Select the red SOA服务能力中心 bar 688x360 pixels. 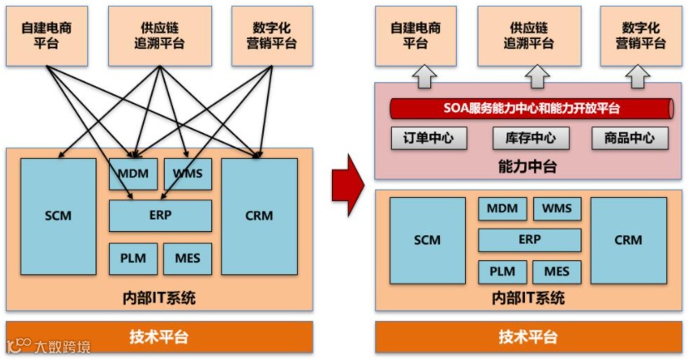tap(531, 108)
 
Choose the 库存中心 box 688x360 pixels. tap(530, 138)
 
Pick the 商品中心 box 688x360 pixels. tap(630, 138)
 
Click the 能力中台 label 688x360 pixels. tap(530, 167)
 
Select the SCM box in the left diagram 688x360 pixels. tap(58, 216)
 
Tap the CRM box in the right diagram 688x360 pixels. tap(628, 239)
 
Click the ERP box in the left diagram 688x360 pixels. tap(160, 215)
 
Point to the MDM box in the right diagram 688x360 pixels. tap(502, 209)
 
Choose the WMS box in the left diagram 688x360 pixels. tap(187, 173)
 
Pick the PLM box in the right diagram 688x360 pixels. tap(502, 272)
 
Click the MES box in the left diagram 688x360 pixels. tap(187, 259)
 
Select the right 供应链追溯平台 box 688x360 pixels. tap(530, 35)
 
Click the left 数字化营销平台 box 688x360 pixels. tap(271, 35)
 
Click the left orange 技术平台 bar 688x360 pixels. tap(159, 337)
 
